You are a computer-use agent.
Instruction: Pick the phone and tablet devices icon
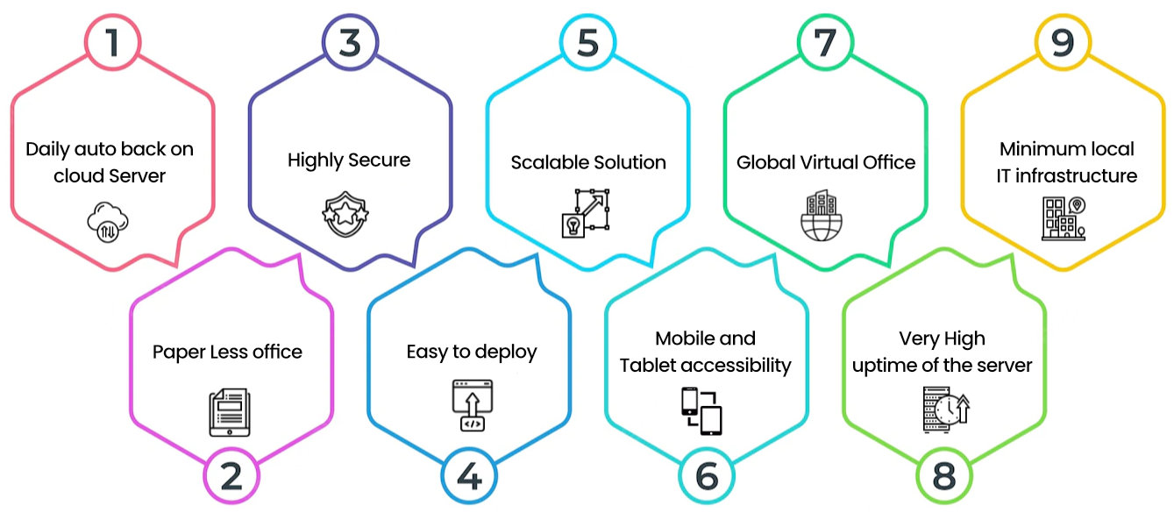[x=701, y=410]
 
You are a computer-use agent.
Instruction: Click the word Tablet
[x=650, y=365]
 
